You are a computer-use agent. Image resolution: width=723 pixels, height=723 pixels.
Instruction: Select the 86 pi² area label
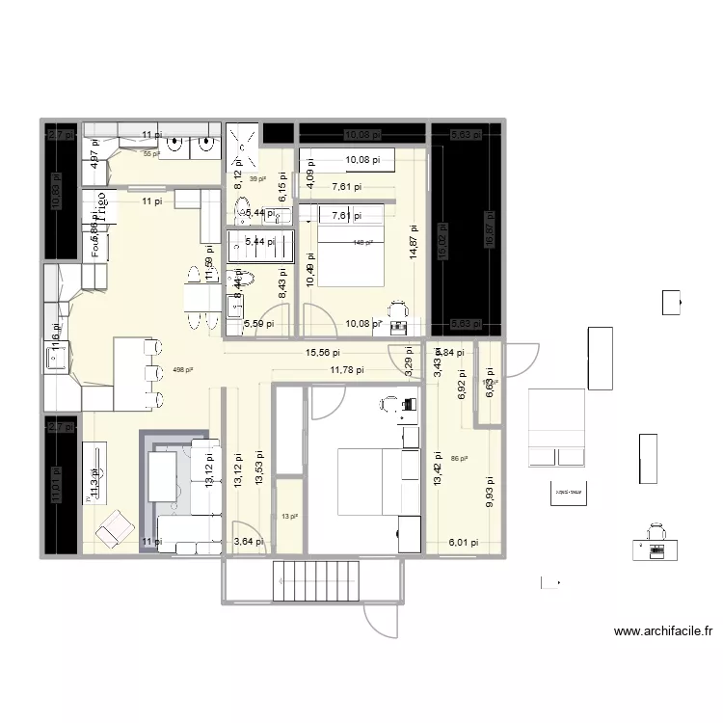tap(459, 459)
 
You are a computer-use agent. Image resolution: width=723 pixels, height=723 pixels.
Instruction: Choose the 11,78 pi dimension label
tap(347, 369)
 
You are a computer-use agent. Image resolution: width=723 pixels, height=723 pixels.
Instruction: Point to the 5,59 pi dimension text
tap(258, 324)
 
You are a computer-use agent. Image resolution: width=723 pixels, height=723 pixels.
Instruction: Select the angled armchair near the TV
tap(115, 525)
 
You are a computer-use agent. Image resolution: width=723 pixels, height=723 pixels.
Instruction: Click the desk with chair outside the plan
tap(656, 541)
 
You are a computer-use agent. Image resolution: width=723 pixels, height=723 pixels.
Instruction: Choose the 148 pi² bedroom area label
tap(362, 243)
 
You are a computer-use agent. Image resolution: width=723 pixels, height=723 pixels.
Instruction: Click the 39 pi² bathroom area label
tap(257, 179)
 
